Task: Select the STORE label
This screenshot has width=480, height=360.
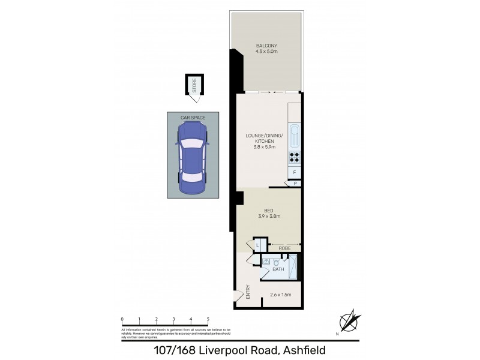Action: click(194, 85)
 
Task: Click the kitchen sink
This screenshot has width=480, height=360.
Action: click(294, 136)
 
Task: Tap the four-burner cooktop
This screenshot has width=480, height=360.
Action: click(295, 158)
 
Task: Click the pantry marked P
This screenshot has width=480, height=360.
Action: click(295, 184)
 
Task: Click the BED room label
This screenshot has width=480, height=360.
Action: click(269, 210)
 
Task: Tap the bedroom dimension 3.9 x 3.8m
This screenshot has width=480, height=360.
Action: click(269, 216)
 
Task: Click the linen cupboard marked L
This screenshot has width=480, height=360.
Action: click(257, 245)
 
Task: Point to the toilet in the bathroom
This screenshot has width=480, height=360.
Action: click(276, 262)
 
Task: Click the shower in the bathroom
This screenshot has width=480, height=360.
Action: click(293, 266)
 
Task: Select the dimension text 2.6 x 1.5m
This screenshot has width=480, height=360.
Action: click(280, 295)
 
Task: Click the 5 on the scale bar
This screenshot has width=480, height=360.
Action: click(208, 320)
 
